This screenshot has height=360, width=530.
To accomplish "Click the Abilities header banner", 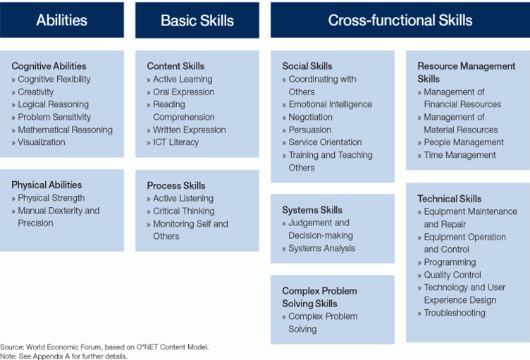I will tap(61, 20).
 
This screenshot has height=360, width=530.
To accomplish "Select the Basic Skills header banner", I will tap(197, 20).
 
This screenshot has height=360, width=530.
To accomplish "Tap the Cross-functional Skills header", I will tap(400, 20).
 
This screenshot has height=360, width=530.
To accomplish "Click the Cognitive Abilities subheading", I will tap(49, 66).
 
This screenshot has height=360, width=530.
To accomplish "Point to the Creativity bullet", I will tap(35, 92).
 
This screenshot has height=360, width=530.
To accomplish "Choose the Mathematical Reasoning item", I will tap(65, 130).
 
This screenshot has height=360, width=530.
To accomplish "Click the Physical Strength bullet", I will tap(51, 198).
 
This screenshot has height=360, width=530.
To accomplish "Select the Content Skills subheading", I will tap(175, 66).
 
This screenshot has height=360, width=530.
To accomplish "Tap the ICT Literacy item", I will tap(175, 142).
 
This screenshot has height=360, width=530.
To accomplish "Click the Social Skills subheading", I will tap(307, 66).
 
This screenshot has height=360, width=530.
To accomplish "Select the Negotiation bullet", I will tap(310, 117).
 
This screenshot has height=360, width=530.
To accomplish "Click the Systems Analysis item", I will tap(321, 248).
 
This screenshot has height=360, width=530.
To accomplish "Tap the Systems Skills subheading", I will tap(312, 210).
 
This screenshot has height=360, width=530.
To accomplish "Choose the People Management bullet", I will tap(463, 142).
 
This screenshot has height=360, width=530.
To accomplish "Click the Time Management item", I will tap(460, 155).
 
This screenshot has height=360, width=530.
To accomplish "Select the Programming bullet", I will tap(450, 262).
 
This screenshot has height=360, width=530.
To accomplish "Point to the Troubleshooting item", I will tap(454, 313).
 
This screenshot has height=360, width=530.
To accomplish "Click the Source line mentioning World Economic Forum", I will tap(104, 347).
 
